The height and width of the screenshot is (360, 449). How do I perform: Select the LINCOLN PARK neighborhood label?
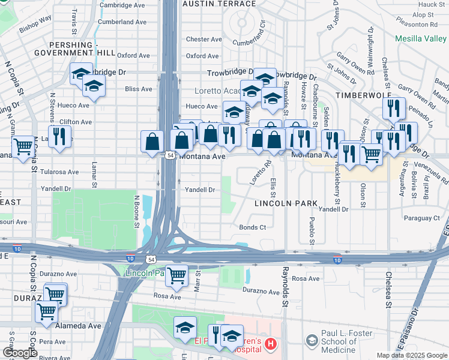286,203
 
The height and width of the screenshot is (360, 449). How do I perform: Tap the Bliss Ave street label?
139,89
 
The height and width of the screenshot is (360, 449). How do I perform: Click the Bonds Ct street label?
252,227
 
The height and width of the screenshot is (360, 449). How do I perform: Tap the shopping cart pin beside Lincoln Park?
176,275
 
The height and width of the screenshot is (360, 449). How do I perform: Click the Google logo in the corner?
20,353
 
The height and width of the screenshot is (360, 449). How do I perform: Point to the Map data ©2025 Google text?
412,355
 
